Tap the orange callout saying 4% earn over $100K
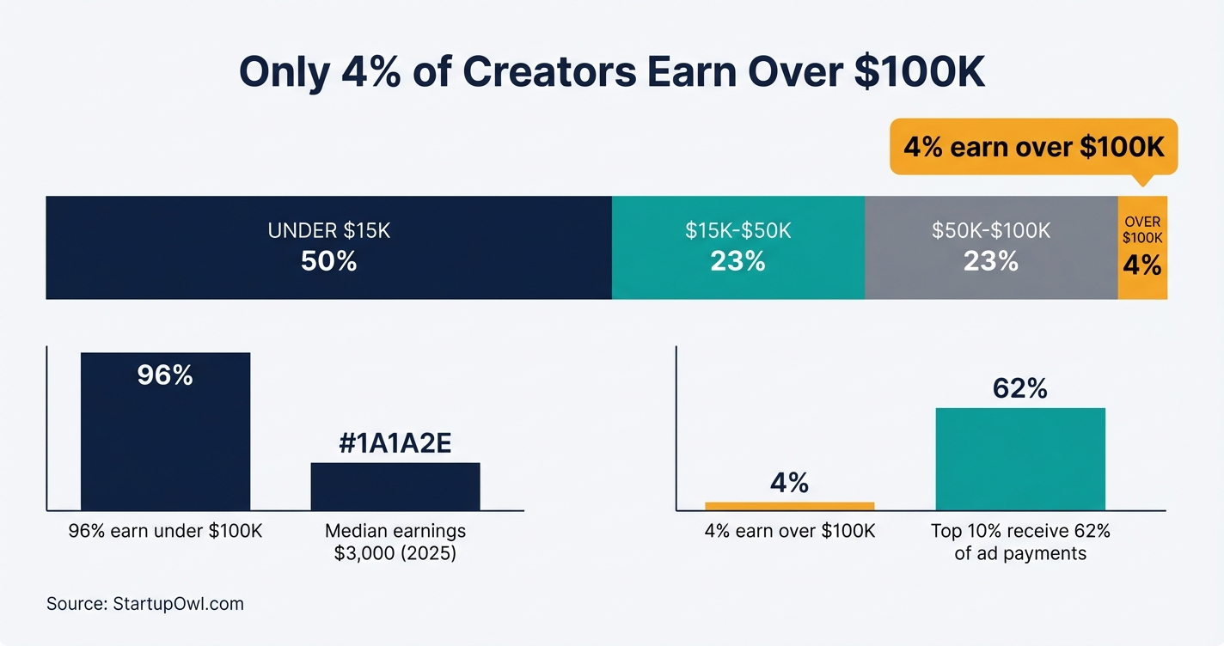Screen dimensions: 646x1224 [1033, 147]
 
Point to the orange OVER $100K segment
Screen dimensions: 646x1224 [1142, 283]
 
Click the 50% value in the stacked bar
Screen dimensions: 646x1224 [328, 261]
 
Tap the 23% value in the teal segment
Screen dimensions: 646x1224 [737, 261]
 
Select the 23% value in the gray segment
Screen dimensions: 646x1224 [991, 261]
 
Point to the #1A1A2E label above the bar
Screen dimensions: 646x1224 [395, 443]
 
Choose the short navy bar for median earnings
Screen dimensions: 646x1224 [395, 487]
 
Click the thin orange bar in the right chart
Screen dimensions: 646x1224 [789, 506]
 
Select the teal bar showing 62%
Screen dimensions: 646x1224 [1020, 460]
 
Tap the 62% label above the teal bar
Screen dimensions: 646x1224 [1020, 389]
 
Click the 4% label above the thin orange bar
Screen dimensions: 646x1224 [789, 483]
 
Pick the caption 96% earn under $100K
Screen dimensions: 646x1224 [165, 532]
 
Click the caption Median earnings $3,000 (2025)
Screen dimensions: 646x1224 [395, 542]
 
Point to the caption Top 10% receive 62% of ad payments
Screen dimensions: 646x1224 [1020, 542]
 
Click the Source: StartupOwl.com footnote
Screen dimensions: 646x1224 [145, 604]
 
